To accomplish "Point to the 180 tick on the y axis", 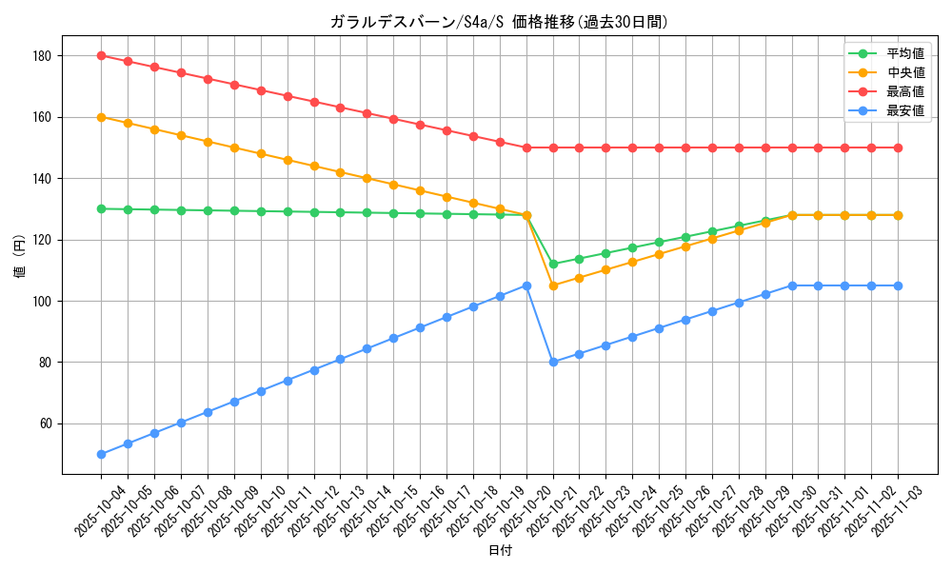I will [44, 56].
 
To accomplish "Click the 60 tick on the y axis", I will [47, 423].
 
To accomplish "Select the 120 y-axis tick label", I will [44, 240].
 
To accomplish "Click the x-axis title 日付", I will [500, 551].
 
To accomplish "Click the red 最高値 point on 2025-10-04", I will [101, 56].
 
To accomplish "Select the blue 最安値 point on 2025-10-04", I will [101, 454].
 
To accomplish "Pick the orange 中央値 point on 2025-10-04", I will [101, 117].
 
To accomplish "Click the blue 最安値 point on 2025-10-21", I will [553, 362].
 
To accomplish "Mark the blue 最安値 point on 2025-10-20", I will [526, 285].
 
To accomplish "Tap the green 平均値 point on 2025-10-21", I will [553, 264].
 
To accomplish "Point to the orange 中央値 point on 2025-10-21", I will [553, 285].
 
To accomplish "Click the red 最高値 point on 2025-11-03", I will [898, 148].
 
